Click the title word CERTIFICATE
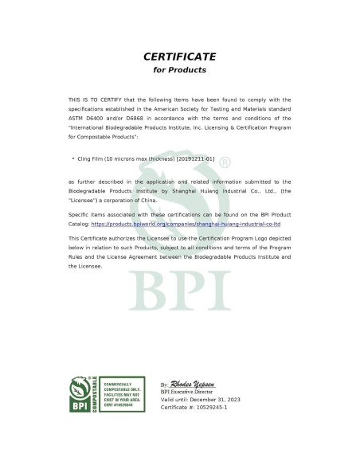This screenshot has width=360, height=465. pyautogui.click(x=179, y=57)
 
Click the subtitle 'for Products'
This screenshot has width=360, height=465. pyautogui.click(x=179, y=70)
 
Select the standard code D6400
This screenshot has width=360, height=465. pyautogui.click(x=97, y=117)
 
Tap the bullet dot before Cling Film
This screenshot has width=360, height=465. pyautogui.click(x=73, y=159)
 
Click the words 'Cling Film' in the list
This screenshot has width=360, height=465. pyautogui.click(x=91, y=159)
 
